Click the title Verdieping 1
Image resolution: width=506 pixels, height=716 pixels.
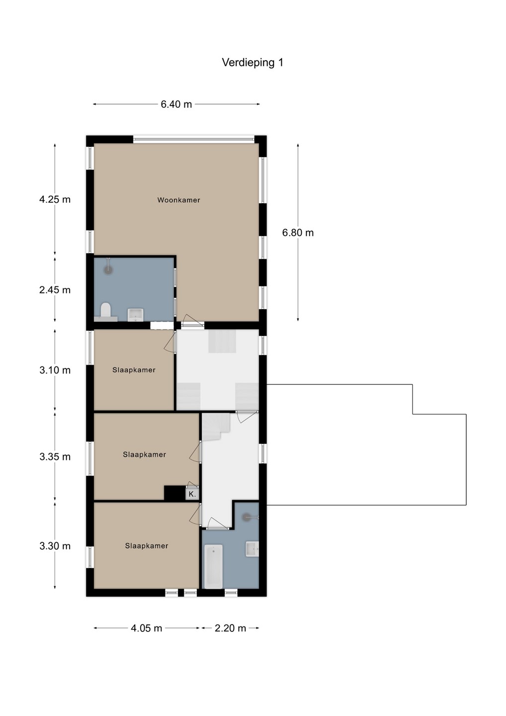coord(253,63)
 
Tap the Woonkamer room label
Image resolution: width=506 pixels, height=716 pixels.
coord(178,200)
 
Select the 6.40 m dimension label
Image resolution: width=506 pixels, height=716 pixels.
coord(176,104)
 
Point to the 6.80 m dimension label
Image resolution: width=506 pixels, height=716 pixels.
coord(298,233)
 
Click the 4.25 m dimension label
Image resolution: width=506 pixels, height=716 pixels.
coord(55,199)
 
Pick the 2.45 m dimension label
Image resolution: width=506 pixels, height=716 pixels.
coord(55,290)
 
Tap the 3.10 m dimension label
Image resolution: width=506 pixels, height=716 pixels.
coord(55,370)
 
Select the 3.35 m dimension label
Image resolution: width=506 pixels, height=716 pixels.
coord(55,457)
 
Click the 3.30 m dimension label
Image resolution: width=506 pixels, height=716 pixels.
coord(55,545)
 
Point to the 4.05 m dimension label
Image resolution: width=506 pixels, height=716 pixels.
coord(146,628)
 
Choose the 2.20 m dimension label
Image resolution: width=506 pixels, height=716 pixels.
coord(230,628)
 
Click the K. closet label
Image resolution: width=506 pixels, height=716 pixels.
coord(192,494)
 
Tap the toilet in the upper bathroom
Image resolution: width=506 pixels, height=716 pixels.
coord(105,312)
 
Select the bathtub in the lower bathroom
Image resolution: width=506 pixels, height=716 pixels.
coord(213,566)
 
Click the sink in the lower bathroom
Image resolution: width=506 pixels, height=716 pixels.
coord(252,549)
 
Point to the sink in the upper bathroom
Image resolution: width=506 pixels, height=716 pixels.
coord(136,315)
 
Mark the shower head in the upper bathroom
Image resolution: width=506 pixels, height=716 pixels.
coord(108,270)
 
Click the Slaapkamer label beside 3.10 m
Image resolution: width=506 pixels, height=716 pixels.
coord(134,370)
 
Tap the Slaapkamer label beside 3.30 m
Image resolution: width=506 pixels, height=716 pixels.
coord(147,545)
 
